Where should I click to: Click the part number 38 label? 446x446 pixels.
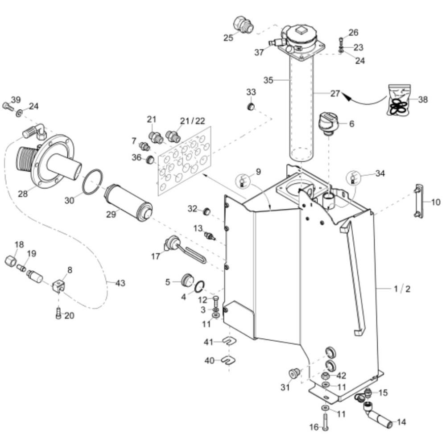(423, 99)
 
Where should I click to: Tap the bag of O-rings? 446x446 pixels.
(399, 100)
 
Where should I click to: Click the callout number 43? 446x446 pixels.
(120, 283)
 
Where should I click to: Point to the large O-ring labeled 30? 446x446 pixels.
(92, 182)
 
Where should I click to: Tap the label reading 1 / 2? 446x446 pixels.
(402, 289)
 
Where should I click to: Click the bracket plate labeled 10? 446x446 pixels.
(419, 201)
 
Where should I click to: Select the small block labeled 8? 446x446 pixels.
(59, 285)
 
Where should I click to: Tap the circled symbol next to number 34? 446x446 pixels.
(353, 178)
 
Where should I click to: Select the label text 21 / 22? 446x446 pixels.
(193, 121)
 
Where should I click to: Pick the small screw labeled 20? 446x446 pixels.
(58, 313)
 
